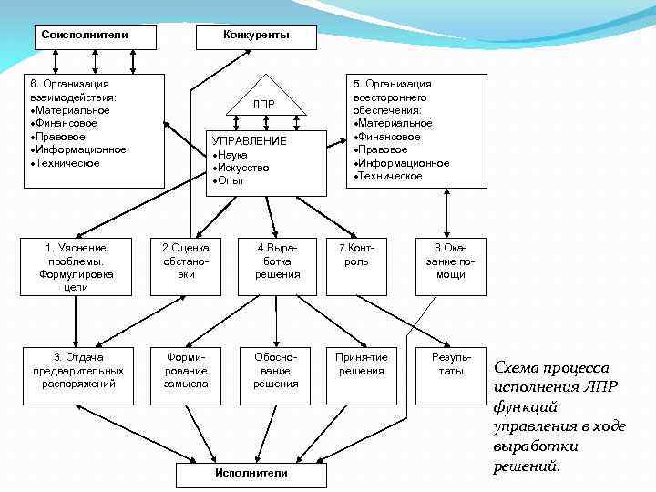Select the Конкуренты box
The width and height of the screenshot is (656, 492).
[256, 36]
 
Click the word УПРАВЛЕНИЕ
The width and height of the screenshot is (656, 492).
[249, 141]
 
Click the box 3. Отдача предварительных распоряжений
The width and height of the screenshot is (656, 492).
[77, 371]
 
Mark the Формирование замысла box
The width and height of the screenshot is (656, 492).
[186, 371]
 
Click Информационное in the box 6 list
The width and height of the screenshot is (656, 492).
[81, 149]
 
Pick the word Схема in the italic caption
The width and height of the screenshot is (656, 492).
[516, 368]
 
